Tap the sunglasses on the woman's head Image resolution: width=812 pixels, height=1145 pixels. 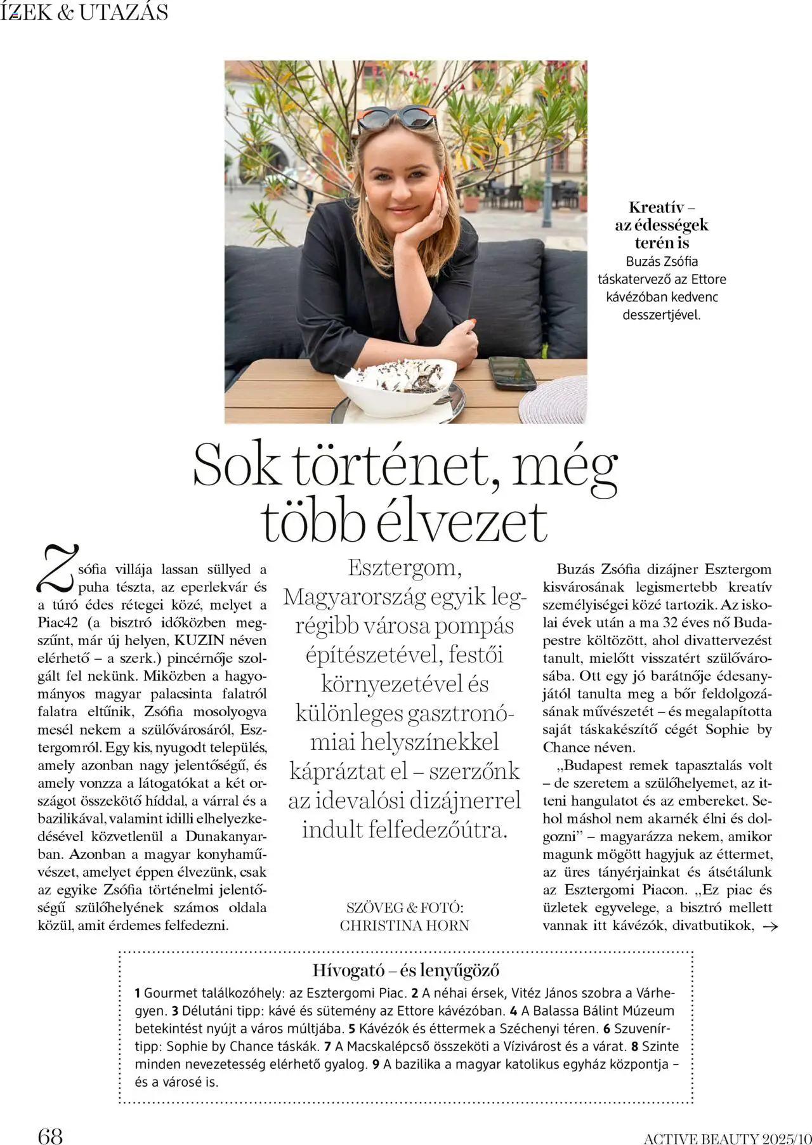(396, 118)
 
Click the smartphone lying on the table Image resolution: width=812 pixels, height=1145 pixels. (511, 372)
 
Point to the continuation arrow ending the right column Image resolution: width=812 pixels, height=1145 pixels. (769, 927)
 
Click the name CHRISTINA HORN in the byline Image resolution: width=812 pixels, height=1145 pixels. (405, 926)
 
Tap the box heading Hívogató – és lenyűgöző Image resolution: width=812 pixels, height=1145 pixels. (405, 970)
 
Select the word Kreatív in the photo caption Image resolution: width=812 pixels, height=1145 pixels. (654, 207)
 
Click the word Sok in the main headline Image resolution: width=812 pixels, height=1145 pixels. (235, 466)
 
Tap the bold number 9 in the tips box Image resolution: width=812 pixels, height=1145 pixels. (376, 1064)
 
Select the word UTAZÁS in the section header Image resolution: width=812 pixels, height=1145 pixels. (124, 12)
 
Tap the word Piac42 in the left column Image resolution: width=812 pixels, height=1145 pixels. (58, 623)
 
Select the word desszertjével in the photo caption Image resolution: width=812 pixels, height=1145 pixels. (662, 315)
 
